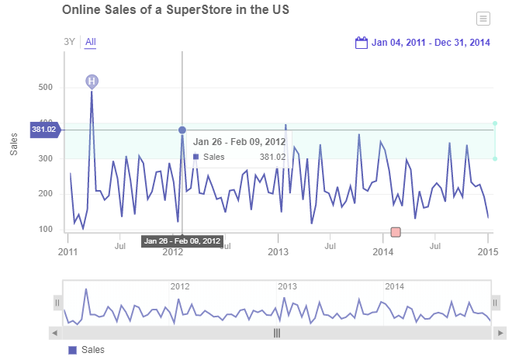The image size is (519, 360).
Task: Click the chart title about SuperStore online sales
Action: point(175,10)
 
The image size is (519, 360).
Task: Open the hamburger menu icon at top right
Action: point(483,19)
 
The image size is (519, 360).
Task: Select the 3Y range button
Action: point(70,42)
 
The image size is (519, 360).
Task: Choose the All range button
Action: point(91,42)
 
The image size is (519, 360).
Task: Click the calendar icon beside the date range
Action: point(361,43)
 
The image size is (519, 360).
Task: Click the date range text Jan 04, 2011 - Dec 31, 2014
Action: point(431,43)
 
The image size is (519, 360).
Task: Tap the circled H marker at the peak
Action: point(92,81)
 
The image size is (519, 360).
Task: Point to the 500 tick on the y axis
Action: point(45,88)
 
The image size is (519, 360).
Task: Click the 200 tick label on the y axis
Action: point(45,194)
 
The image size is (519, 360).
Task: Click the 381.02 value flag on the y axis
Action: point(44,130)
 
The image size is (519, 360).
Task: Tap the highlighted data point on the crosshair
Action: point(182,130)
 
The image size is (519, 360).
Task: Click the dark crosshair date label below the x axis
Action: point(182,241)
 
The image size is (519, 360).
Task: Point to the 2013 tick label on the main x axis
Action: point(278,251)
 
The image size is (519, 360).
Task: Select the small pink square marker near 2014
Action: point(396,232)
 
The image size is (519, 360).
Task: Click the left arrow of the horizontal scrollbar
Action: point(54,333)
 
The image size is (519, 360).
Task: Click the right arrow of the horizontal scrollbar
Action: point(501,333)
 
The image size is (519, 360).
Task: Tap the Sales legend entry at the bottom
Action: point(87,350)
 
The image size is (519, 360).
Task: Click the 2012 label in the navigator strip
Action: point(180,286)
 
